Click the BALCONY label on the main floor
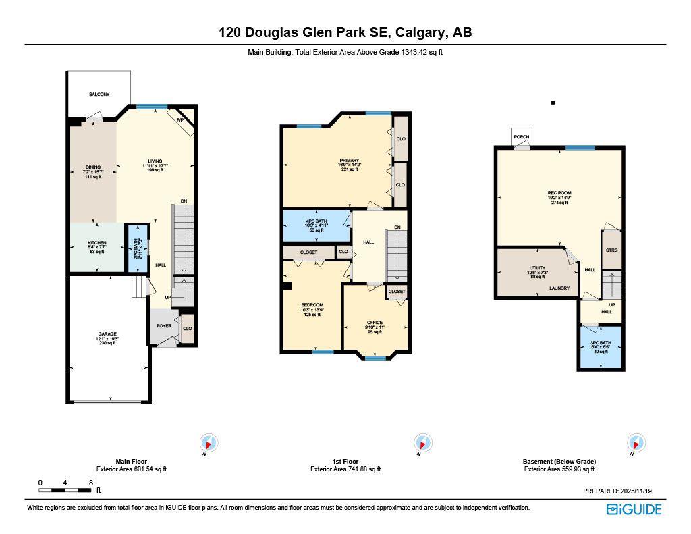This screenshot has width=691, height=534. click(99, 95)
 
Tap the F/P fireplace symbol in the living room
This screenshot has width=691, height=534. click(181, 120)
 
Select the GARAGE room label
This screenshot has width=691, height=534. click(107, 334)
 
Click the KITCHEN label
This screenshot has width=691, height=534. click(97, 243)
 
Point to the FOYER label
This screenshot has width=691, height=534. click(165, 325)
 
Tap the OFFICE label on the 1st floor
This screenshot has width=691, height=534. click(375, 323)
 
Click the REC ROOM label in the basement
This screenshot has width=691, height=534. click(559, 193)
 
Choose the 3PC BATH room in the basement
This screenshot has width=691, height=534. click(600, 343)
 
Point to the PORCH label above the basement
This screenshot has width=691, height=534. click(522, 137)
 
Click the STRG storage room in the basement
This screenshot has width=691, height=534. click(612, 250)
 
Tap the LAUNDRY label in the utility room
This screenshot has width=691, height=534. click(559, 288)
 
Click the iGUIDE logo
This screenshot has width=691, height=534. click(634, 509)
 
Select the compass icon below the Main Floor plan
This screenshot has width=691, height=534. click(210, 444)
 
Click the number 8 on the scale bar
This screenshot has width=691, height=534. click(90, 483)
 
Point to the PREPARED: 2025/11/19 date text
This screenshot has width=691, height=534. click(622, 491)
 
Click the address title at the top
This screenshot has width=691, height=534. click(345, 32)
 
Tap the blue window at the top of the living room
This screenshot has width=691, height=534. click(152, 106)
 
